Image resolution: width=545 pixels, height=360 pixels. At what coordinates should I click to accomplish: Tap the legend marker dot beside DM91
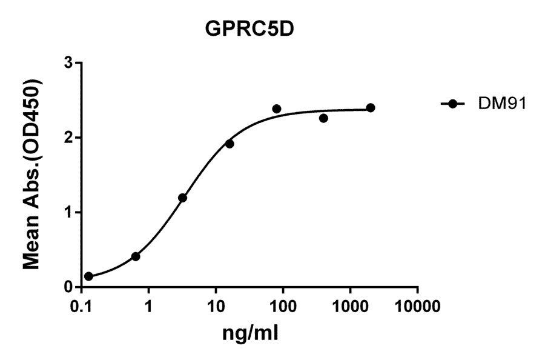(x=452, y=104)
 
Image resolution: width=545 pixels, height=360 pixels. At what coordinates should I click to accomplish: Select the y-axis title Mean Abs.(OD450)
(x=35, y=175)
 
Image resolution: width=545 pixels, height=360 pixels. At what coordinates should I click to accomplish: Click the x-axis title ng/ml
(x=251, y=333)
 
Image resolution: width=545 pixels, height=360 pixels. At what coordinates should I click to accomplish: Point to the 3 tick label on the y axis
(x=70, y=63)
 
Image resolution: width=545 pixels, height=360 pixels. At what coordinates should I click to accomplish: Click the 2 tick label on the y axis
(x=70, y=138)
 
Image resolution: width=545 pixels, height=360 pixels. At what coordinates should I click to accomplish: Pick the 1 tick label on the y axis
(x=70, y=212)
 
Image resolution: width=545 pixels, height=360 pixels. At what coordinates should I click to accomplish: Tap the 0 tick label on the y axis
(x=70, y=287)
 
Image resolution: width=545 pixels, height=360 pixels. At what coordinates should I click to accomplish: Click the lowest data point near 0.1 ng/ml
(x=88, y=276)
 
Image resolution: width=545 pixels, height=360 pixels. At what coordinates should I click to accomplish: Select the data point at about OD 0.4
(x=136, y=256)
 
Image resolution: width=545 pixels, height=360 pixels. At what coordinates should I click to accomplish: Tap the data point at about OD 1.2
(x=182, y=198)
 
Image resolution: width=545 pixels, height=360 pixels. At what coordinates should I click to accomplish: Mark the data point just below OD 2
(x=230, y=144)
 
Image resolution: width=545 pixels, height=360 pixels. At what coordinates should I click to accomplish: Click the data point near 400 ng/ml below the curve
(x=323, y=118)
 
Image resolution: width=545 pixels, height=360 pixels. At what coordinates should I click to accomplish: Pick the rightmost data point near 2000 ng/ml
(x=371, y=108)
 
